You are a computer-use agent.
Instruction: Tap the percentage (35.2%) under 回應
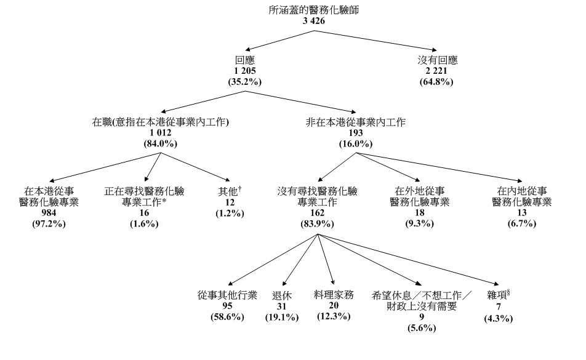[x=245, y=82]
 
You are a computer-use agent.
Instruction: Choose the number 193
[x=356, y=133]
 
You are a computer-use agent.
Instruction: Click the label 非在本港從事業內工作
[x=356, y=122]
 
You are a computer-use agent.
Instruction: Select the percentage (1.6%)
[x=145, y=223]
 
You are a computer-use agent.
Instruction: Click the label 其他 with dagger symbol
[x=230, y=191]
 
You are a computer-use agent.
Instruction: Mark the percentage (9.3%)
[x=419, y=223]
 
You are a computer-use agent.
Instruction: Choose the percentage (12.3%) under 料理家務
[x=334, y=316]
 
